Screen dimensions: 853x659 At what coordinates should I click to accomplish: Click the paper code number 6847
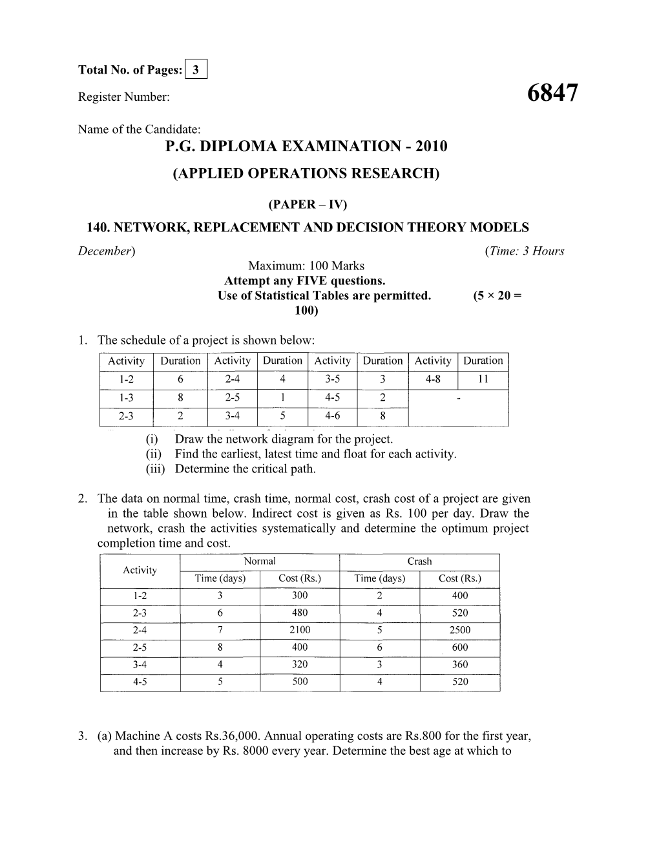point(552,94)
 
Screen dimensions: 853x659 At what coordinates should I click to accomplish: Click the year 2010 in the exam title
point(426,146)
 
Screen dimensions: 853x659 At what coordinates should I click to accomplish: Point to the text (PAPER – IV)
point(307,205)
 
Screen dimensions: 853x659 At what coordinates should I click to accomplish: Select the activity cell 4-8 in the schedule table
point(432,379)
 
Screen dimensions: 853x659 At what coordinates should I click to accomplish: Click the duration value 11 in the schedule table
point(483,379)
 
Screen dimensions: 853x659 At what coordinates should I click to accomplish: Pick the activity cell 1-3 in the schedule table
point(126,398)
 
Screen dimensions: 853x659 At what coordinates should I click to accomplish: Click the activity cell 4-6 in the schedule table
point(332,416)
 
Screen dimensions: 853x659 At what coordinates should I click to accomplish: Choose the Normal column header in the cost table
point(260,561)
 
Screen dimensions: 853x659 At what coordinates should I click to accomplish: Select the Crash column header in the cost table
point(419,561)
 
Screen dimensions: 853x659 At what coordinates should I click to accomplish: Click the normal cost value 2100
point(300,630)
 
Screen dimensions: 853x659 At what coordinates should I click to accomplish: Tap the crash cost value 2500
point(459,630)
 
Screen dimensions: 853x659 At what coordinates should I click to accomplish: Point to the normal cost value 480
point(300,613)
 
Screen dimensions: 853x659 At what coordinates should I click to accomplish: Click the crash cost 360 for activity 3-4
point(459,664)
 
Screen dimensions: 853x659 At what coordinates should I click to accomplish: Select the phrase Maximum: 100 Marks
point(306,266)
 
